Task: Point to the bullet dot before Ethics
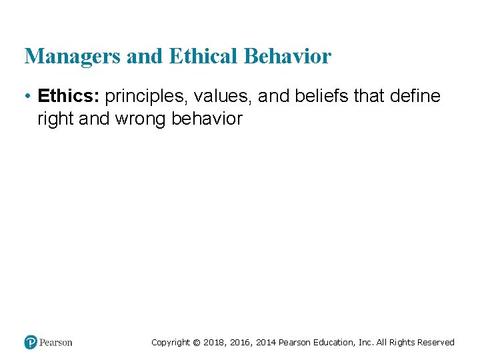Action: click(x=29, y=97)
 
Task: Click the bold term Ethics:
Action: click(x=69, y=97)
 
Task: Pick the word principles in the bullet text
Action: click(x=145, y=97)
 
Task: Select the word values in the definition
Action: click(x=223, y=97)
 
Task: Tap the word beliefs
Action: click(x=320, y=97)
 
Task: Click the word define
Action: click(x=415, y=97)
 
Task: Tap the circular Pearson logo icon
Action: click(x=31, y=343)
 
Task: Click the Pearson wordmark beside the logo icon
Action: click(x=56, y=343)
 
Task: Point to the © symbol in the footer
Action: click(x=196, y=343)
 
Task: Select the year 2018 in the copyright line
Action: click(x=215, y=343)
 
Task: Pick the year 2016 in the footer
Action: click(x=241, y=343)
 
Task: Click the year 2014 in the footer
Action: click(x=266, y=343)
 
